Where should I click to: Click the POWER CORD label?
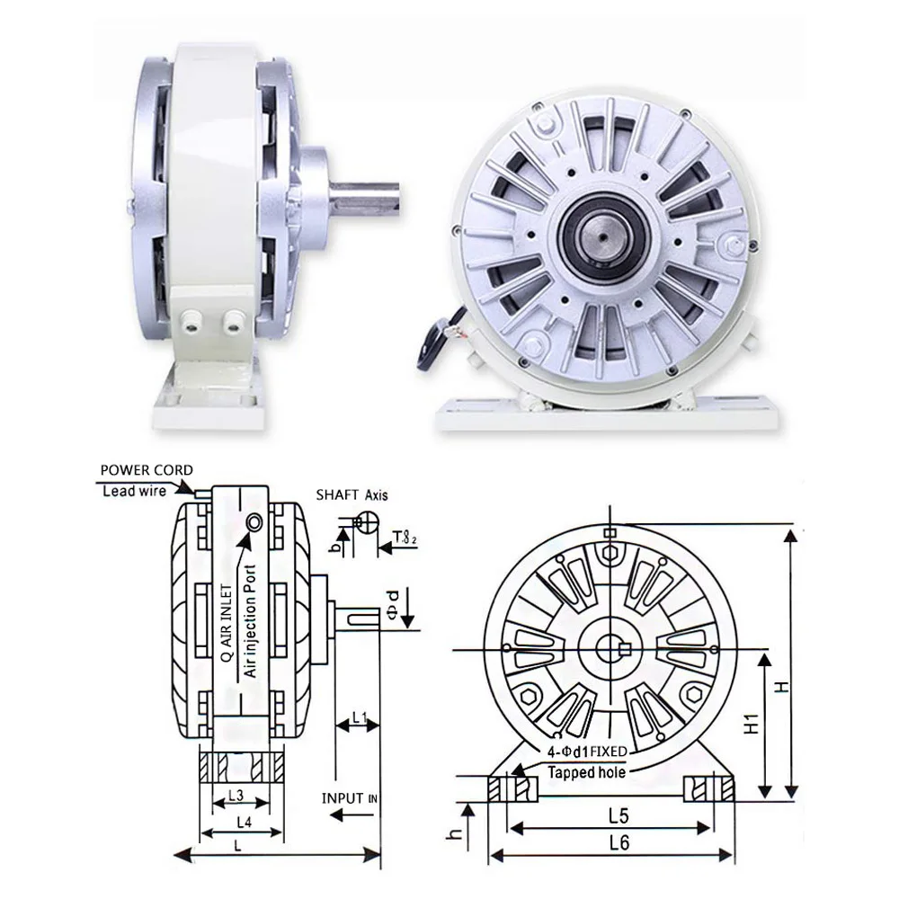pos(146,470)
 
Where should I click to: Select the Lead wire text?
pos(132,491)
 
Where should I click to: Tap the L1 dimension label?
pos(359,717)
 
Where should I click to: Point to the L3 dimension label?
pos(236,796)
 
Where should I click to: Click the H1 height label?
pos(754,726)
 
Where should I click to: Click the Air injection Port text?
pos(251,620)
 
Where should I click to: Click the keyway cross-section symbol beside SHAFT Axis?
pos(365,522)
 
